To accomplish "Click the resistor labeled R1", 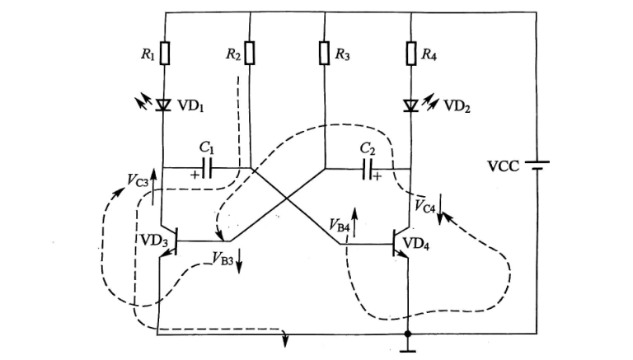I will pyautogui.click(x=165, y=54).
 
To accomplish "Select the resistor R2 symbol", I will pyautogui.click(x=249, y=54).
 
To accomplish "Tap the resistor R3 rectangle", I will pyautogui.click(x=326, y=54).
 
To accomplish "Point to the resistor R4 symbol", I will pyautogui.click(x=410, y=54).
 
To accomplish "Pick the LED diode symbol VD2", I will pyautogui.click(x=410, y=105).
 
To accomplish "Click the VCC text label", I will pyautogui.click(x=504, y=166).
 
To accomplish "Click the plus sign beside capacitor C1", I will pyautogui.click(x=195, y=175).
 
